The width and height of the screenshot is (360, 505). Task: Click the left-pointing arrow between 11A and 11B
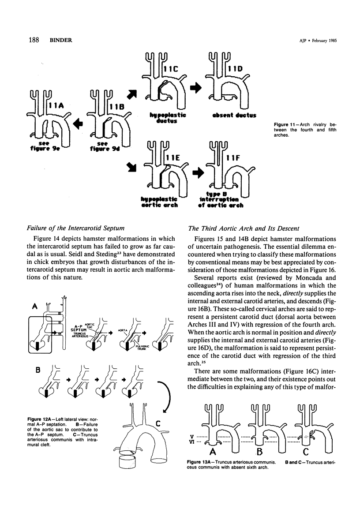coord(79,123)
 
